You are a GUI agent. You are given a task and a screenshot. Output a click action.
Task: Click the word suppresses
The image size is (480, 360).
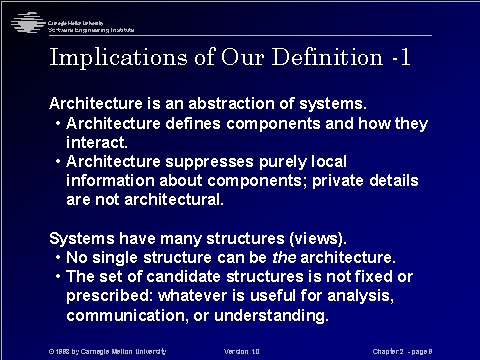point(203,161)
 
